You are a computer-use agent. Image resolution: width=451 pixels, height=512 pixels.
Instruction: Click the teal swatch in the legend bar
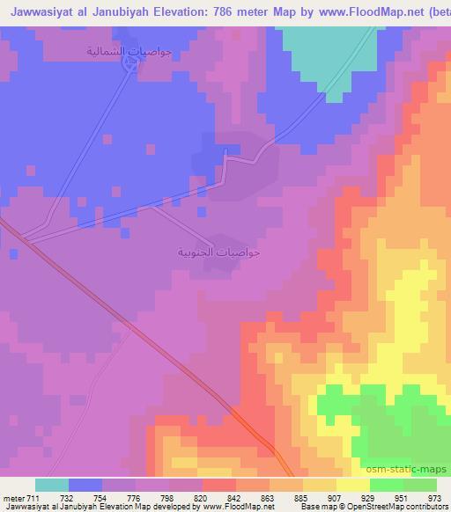52,485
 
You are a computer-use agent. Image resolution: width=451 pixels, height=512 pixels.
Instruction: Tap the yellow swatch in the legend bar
352,485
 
